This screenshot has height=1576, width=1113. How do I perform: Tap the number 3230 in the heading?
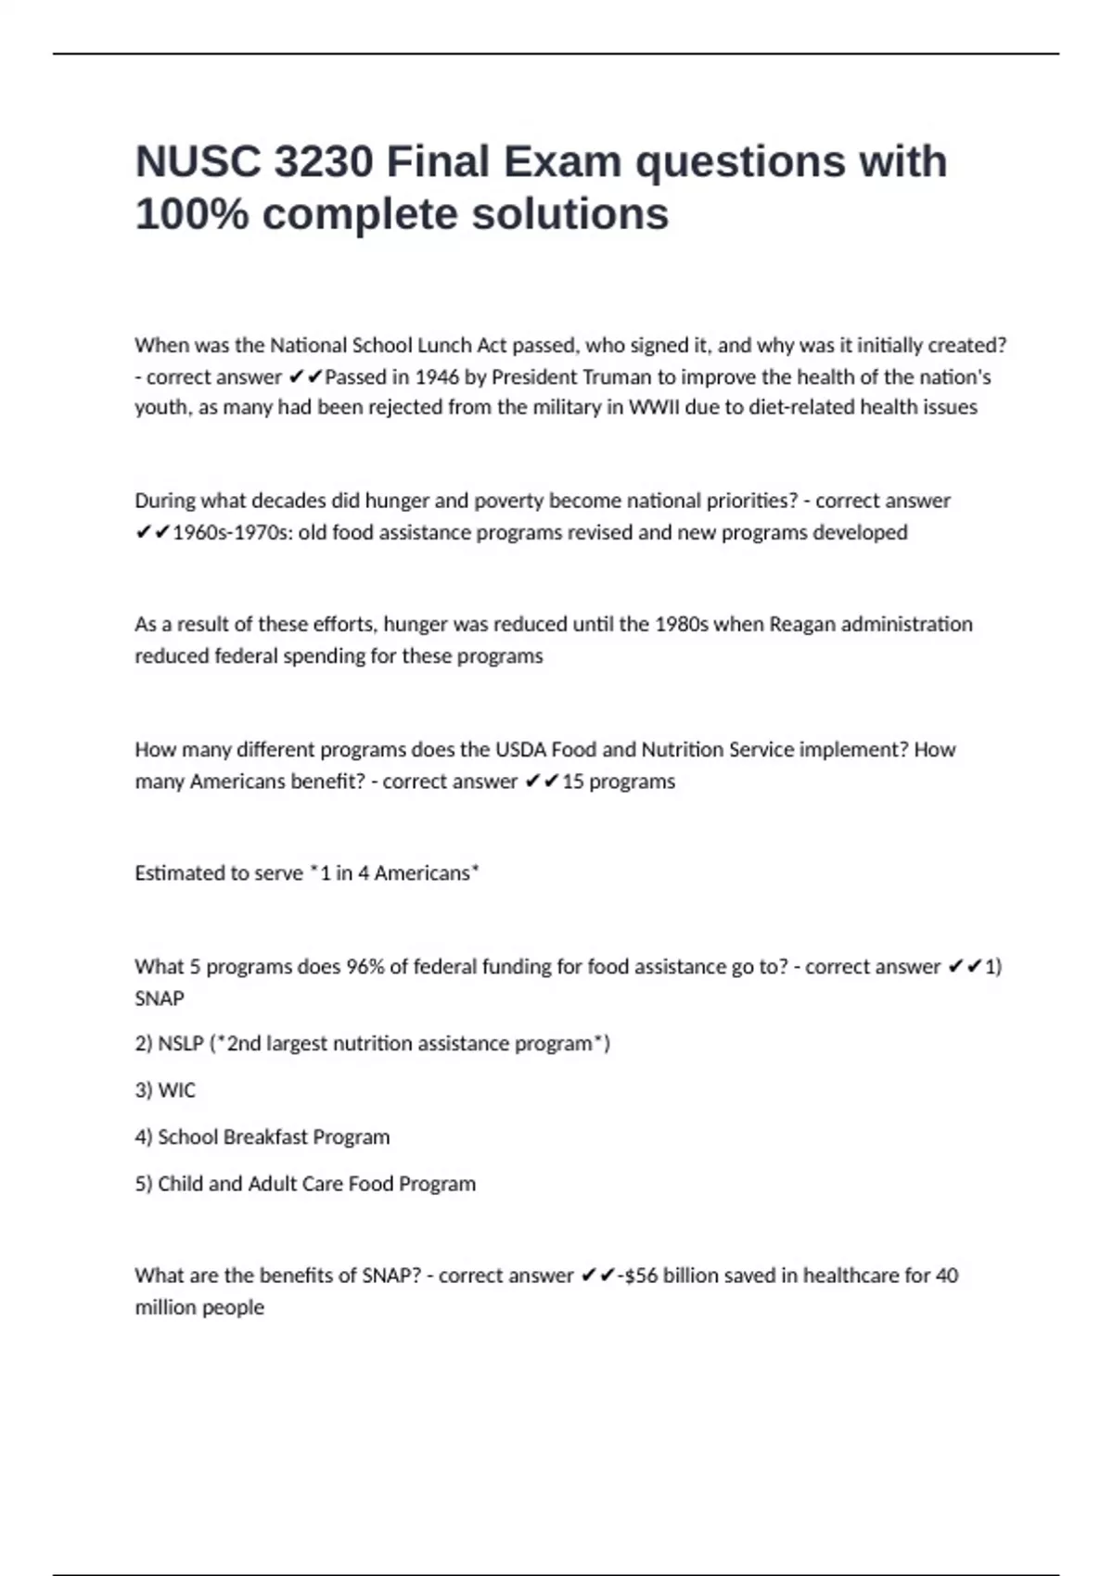[324, 162]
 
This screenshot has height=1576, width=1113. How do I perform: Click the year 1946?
[437, 377]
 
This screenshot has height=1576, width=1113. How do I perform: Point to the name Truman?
[617, 377]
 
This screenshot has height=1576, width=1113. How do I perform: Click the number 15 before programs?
[573, 782]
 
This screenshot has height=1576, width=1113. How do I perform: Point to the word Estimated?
[181, 873]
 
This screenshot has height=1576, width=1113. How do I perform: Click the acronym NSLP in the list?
[181, 1044]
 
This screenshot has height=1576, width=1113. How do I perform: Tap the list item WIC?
[176, 1090]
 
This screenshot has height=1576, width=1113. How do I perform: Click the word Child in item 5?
[179, 1184]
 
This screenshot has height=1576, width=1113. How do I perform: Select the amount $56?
[640, 1276]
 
